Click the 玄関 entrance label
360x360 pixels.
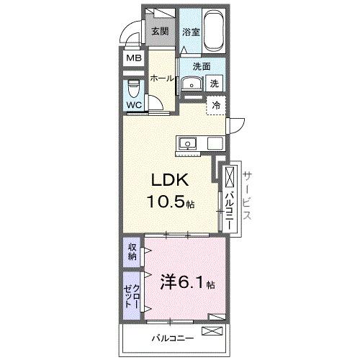click(x=159, y=31)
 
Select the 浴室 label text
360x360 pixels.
click(x=190, y=32)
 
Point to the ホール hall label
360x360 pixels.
click(x=163, y=79)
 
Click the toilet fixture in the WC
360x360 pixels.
click(x=134, y=89)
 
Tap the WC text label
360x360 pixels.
click(x=134, y=105)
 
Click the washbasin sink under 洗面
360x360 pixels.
click(x=191, y=84)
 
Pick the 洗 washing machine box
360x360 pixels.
click(x=215, y=84)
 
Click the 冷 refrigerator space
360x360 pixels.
click(x=216, y=105)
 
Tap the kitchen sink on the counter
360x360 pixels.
click(x=187, y=143)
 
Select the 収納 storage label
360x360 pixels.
click(x=132, y=252)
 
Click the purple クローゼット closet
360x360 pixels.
click(x=132, y=294)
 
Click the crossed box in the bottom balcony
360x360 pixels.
click(x=213, y=331)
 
